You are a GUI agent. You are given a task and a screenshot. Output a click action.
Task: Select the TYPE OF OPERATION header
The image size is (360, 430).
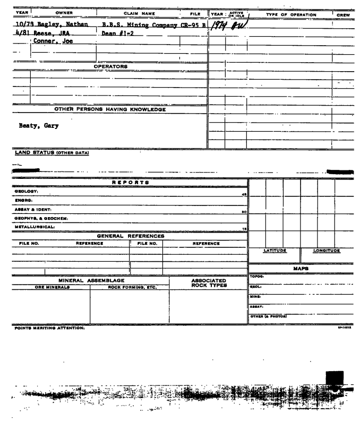point(290,14)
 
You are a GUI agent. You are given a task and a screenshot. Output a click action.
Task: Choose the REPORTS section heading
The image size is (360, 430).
point(128,182)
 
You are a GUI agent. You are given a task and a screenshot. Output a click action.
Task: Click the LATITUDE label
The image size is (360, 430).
point(275,250)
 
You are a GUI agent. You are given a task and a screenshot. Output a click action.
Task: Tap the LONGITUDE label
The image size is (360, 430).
point(327,250)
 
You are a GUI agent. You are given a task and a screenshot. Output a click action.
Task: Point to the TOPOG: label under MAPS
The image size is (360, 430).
point(258,277)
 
